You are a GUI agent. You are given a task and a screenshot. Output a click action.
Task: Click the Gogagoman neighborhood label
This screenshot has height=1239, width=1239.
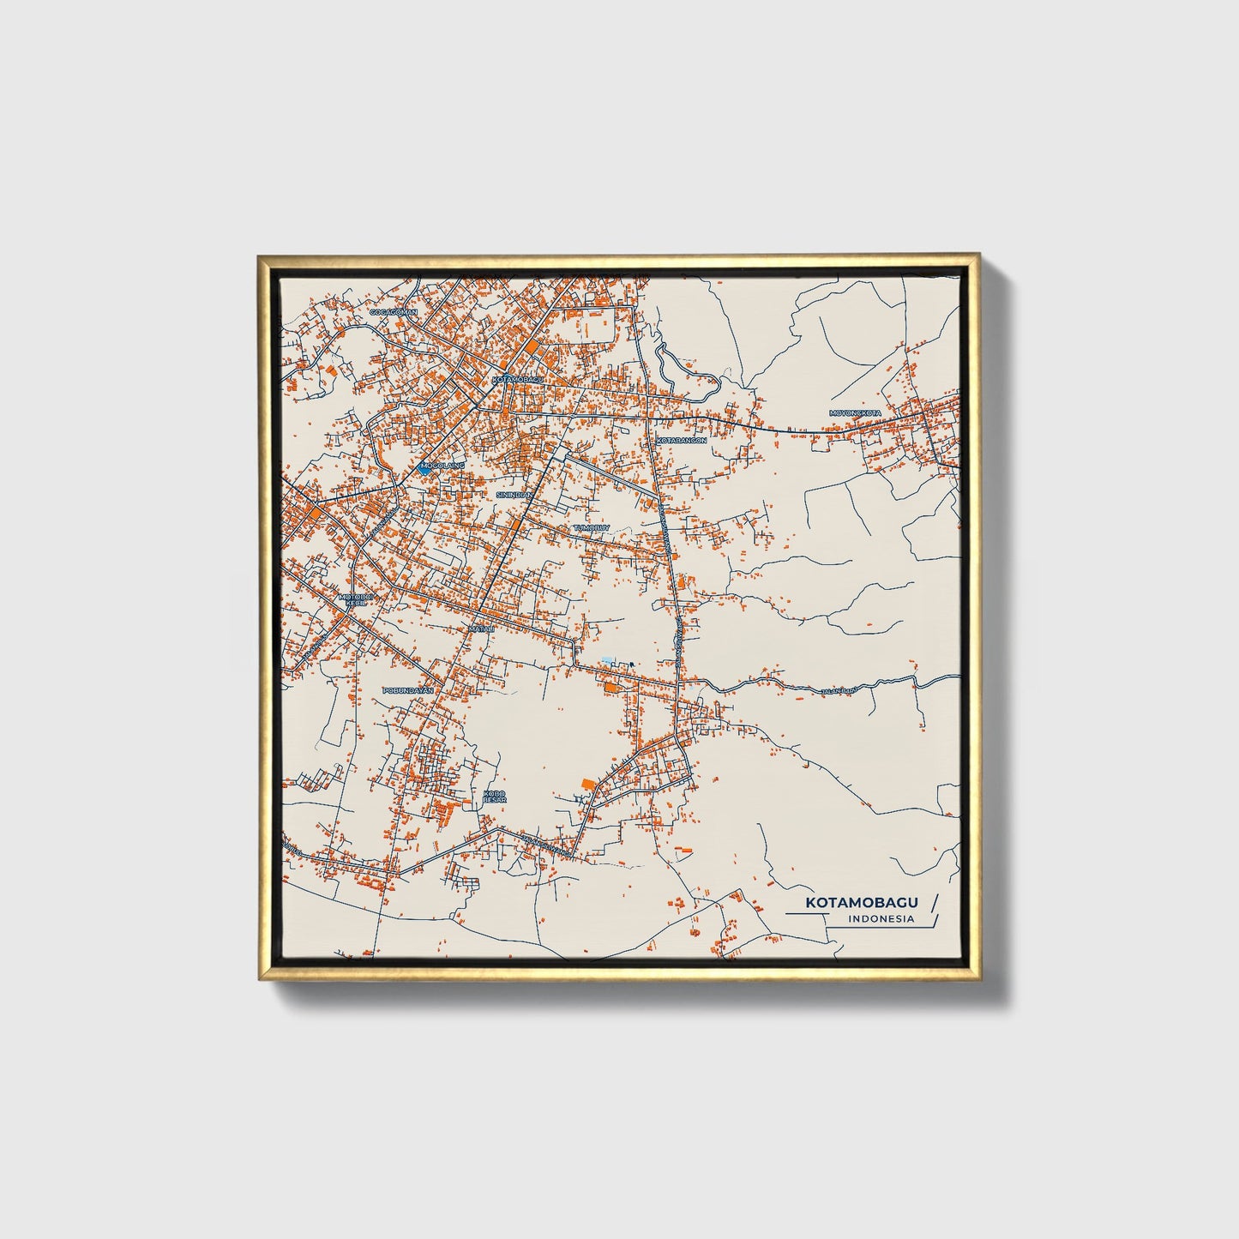point(393,312)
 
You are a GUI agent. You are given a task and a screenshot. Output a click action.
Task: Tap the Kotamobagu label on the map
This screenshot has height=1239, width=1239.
point(518,378)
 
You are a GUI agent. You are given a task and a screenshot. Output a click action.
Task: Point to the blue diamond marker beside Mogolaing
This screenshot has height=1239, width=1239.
point(424,468)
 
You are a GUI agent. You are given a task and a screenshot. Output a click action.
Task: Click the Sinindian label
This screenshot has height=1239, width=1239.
point(514,495)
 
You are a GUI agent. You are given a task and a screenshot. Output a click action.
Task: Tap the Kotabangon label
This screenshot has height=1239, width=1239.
point(682,440)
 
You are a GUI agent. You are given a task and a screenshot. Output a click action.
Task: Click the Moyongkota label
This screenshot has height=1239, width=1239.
point(855,413)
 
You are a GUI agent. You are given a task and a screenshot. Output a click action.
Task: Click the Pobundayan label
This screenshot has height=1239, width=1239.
point(408,689)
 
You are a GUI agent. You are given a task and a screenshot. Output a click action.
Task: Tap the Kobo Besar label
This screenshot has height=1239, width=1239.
point(495,797)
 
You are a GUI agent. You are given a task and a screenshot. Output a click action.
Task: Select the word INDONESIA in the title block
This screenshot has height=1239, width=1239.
point(881,919)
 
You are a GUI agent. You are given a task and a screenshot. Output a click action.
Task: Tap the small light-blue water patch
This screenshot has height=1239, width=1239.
point(607,659)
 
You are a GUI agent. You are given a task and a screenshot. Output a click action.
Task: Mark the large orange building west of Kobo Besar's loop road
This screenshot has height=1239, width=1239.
point(587,784)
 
